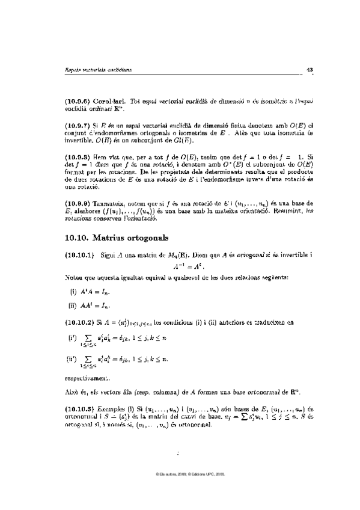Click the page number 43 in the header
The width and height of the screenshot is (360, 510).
click(x=310, y=70)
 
